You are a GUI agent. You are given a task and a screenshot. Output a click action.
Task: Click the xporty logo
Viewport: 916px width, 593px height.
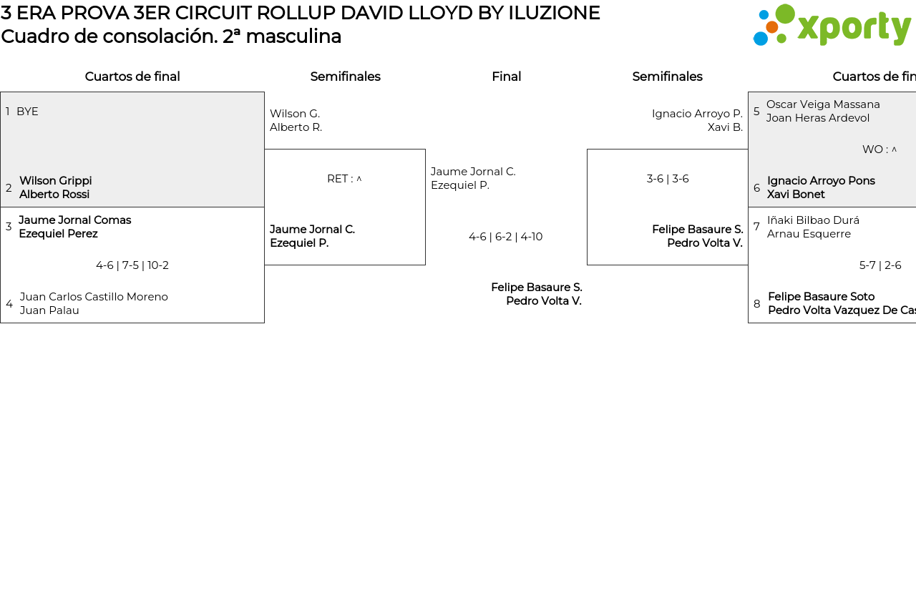832,26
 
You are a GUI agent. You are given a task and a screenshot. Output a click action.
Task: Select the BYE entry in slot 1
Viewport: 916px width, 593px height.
27,112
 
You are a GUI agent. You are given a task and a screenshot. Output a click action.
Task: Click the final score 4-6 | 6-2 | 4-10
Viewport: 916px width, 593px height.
505,237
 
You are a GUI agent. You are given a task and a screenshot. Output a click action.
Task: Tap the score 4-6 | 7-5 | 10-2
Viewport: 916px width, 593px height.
132,265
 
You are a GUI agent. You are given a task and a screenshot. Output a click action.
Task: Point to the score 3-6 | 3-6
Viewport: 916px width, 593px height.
668,179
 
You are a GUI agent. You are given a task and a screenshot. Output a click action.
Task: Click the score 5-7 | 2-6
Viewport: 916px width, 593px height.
880,265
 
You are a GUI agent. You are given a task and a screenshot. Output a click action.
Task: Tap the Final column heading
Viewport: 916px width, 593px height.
506,77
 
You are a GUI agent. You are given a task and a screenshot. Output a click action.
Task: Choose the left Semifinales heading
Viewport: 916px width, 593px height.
345,77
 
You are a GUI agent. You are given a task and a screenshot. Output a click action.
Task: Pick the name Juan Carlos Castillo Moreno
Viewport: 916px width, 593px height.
94,297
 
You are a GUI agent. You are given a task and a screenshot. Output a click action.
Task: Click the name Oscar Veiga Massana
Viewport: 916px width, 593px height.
823,104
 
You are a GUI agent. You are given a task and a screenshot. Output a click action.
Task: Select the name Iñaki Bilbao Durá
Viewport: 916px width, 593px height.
813,220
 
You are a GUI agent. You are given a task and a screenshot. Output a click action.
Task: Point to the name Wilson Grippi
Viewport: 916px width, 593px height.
55,181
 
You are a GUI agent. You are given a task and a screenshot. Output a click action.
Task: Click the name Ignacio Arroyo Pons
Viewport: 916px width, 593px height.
821,181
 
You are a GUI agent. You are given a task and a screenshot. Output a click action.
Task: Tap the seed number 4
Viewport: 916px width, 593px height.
9,304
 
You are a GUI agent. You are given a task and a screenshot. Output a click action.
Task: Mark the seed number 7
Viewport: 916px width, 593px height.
756,227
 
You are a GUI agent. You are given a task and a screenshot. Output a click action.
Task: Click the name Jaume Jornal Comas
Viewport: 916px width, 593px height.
74,220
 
